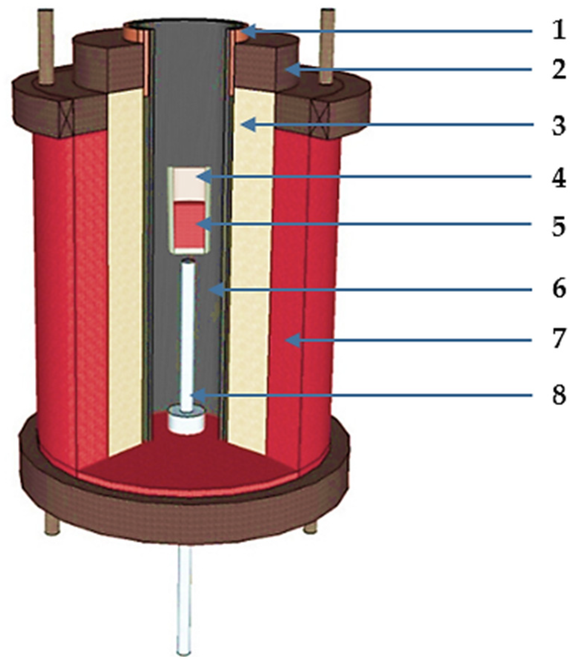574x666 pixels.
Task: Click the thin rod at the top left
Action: pos(47,44)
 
